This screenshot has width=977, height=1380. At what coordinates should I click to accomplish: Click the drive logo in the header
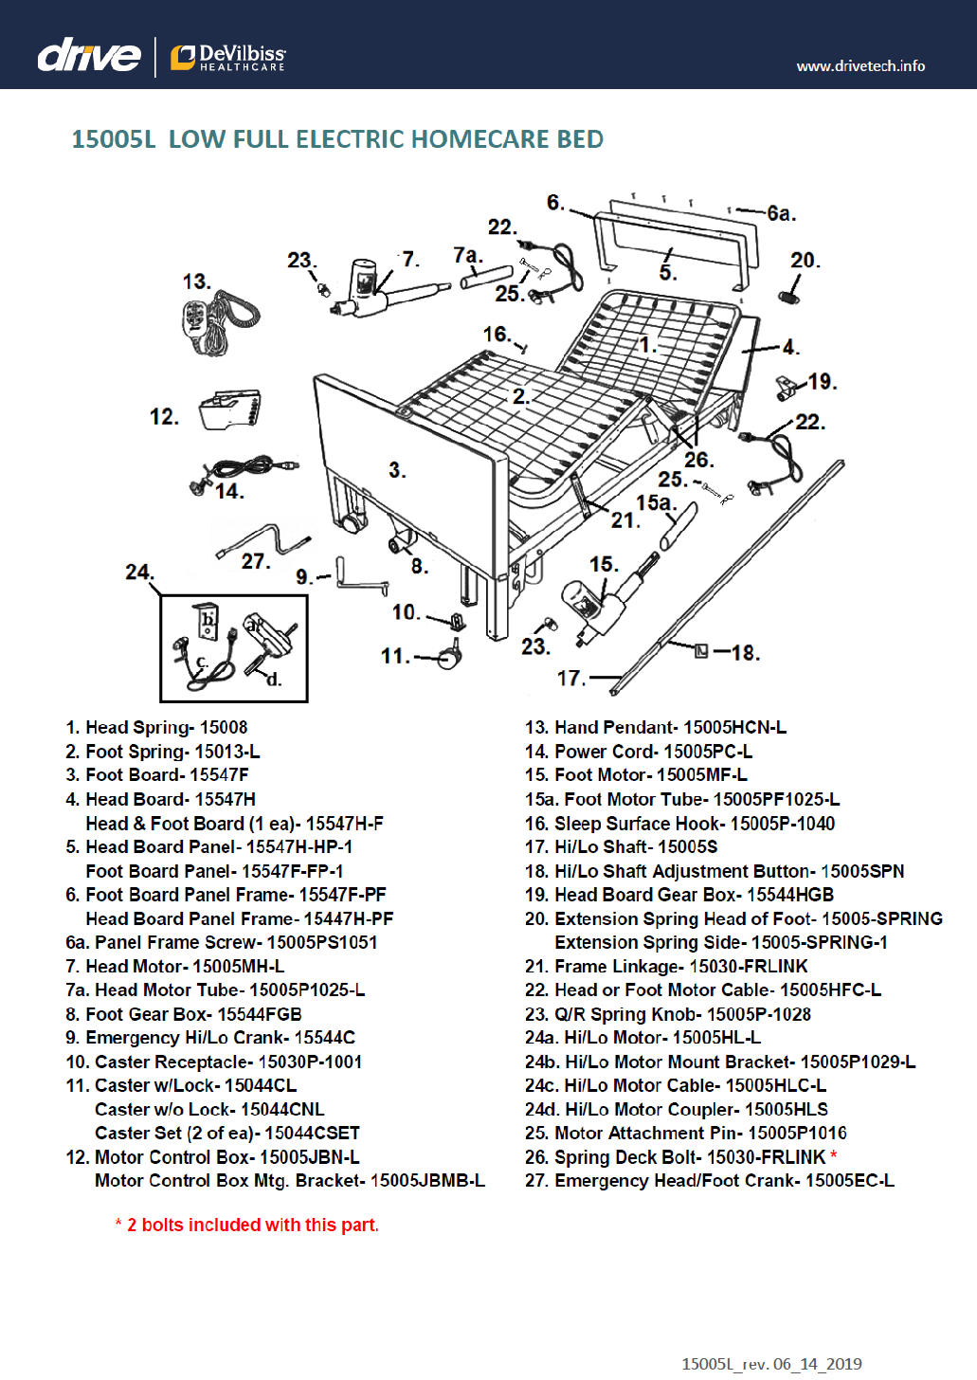[88, 56]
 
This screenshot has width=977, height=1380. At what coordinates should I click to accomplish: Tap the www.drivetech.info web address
[860, 66]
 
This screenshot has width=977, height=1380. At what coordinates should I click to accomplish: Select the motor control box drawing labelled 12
[230, 409]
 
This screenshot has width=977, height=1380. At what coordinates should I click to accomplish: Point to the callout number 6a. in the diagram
[781, 213]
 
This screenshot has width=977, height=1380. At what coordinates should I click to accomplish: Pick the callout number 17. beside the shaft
[570, 678]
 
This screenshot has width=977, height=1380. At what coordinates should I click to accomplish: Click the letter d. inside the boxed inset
[274, 679]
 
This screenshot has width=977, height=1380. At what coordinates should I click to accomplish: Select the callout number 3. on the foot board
[397, 470]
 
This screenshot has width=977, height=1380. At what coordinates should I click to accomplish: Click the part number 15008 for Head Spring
[224, 728]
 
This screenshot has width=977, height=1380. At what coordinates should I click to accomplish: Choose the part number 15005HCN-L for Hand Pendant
[734, 728]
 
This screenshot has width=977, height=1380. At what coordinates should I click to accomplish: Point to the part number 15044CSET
[312, 1134]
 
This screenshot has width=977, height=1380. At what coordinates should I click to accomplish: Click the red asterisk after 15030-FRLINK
[834, 1155]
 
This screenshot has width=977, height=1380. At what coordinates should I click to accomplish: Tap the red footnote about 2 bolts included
[247, 1226]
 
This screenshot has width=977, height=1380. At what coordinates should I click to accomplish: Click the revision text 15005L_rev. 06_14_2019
[771, 1364]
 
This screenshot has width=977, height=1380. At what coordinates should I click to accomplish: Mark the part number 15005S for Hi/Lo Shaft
[687, 847]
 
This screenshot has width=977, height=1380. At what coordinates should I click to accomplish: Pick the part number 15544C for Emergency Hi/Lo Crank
[324, 1038]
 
